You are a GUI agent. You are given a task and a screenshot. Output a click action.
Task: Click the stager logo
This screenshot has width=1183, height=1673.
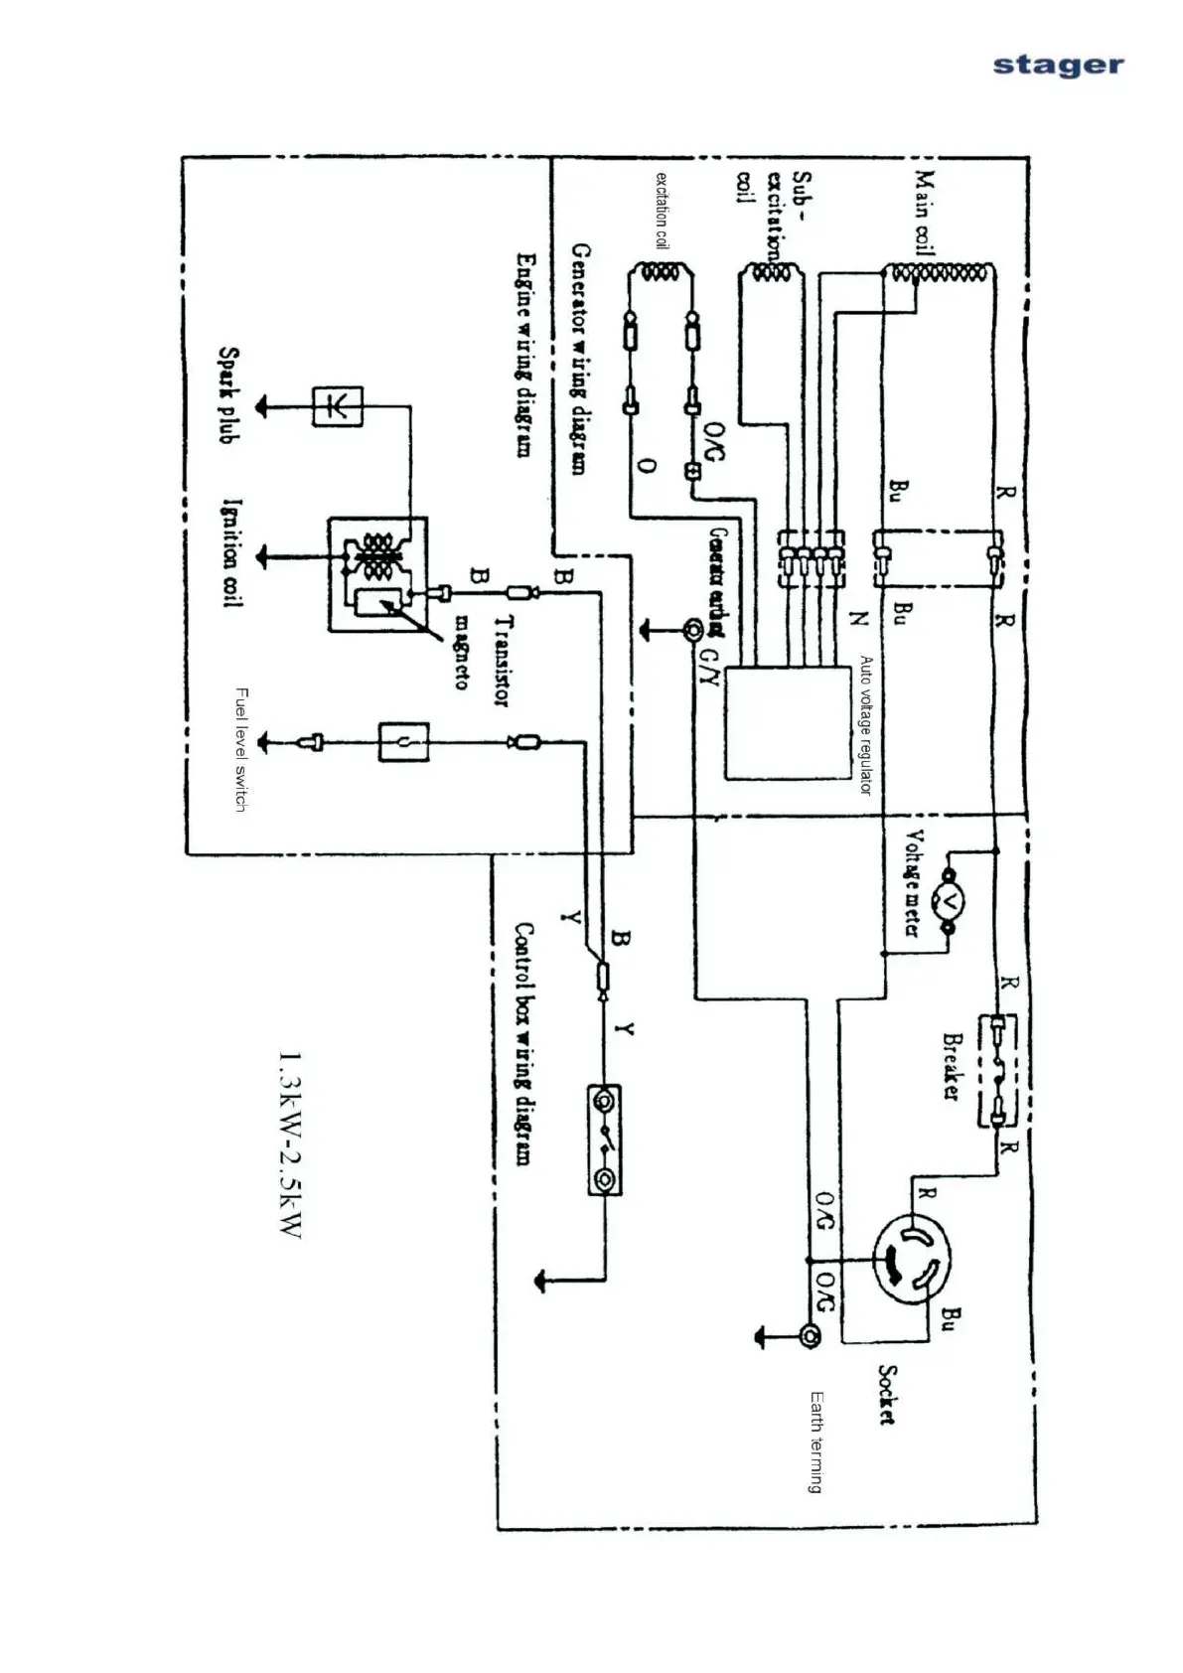point(1058,66)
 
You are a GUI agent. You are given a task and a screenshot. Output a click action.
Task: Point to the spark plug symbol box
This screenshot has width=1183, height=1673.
point(338,405)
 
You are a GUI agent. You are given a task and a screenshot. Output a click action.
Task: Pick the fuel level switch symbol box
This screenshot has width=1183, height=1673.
point(403,741)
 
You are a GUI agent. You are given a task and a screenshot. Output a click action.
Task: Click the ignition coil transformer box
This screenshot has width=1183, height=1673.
point(377,573)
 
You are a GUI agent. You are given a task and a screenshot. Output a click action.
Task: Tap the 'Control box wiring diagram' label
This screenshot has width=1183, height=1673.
point(522,1043)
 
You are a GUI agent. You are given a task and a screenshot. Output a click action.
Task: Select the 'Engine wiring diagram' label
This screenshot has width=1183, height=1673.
point(525,355)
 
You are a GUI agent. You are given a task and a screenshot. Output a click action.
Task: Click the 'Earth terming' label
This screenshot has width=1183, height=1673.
point(815,1442)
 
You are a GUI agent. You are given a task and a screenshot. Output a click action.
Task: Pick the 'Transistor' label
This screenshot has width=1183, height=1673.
point(503,660)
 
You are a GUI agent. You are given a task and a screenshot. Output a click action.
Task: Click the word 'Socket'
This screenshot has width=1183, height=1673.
point(887,1395)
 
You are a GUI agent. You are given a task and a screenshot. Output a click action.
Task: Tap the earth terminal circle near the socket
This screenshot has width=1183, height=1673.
point(810,1336)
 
